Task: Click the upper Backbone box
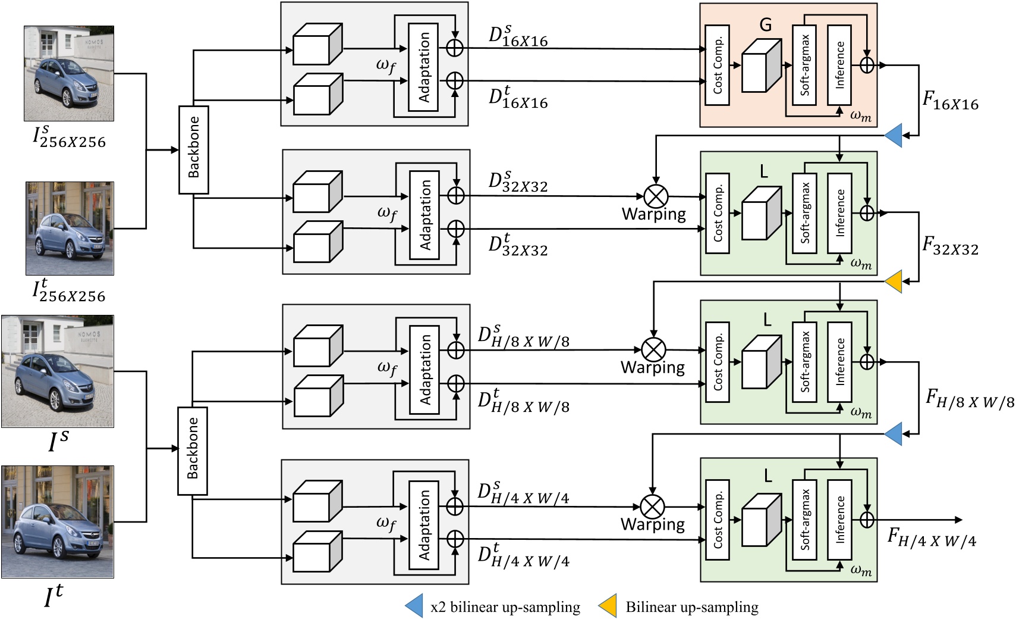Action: [194, 149]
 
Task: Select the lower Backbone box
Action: [193, 451]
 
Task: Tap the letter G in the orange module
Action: [766, 25]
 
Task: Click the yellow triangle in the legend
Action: [608, 605]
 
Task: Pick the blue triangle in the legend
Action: [414, 605]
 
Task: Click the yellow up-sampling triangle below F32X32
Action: [894, 282]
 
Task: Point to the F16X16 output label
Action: [950, 101]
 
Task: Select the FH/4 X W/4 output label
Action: [932, 537]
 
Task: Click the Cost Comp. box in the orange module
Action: [718, 65]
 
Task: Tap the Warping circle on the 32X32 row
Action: [656, 196]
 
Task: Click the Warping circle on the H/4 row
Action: [653, 507]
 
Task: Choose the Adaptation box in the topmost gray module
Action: [423, 67]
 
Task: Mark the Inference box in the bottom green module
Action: [839, 519]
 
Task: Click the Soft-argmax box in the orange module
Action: [804, 65]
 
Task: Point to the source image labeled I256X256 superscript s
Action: [69, 73]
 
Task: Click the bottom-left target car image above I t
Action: [58, 521]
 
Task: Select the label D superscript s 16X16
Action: [517, 36]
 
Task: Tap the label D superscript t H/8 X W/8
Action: [523, 403]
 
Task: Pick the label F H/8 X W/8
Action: [970, 399]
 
